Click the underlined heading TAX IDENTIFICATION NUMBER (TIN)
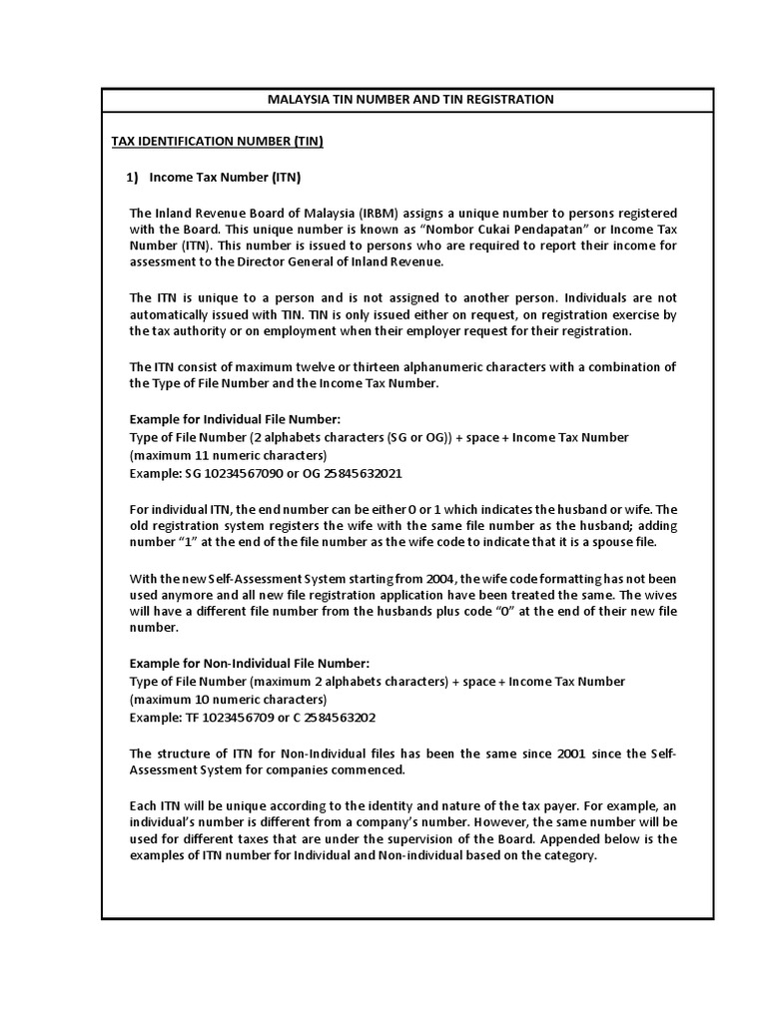[x=217, y=141]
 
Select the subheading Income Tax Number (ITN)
[x=225, y=178]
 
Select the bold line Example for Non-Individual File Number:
[x=250, y=664]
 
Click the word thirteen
[x=381, y=367]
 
